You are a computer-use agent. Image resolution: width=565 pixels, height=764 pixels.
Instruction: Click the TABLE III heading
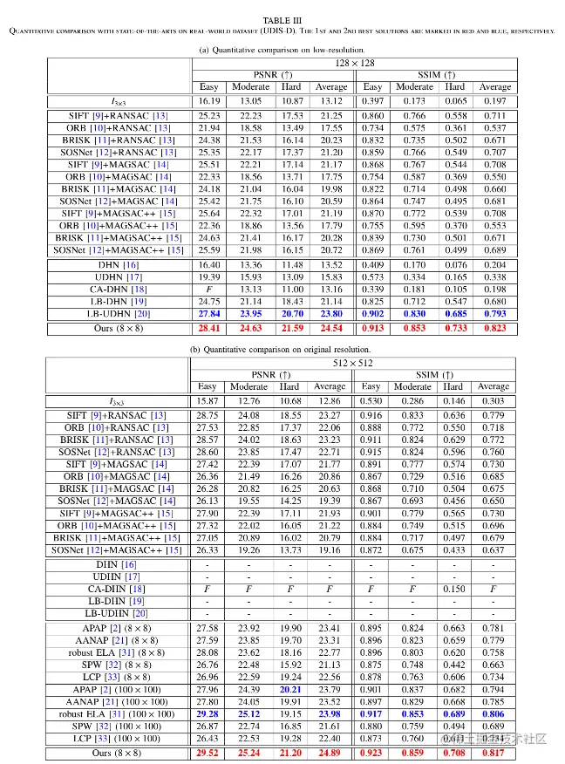tap(282, 19)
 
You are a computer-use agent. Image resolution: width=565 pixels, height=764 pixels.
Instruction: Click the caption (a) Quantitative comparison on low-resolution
tap(282, 50)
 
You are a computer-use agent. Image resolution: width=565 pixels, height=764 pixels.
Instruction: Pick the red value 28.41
tap(208, 328)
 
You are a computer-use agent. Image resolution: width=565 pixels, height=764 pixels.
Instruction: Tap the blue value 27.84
tap(208, 313)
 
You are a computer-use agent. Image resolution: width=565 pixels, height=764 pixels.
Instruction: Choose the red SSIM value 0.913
tap(372, 328)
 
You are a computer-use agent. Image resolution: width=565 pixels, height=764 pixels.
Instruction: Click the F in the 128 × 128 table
tap(208, 289)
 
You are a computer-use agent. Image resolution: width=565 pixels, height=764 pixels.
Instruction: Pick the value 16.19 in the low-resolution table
tap(208, 101)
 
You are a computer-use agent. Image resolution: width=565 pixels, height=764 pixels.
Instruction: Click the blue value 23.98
tap(330, 713)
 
